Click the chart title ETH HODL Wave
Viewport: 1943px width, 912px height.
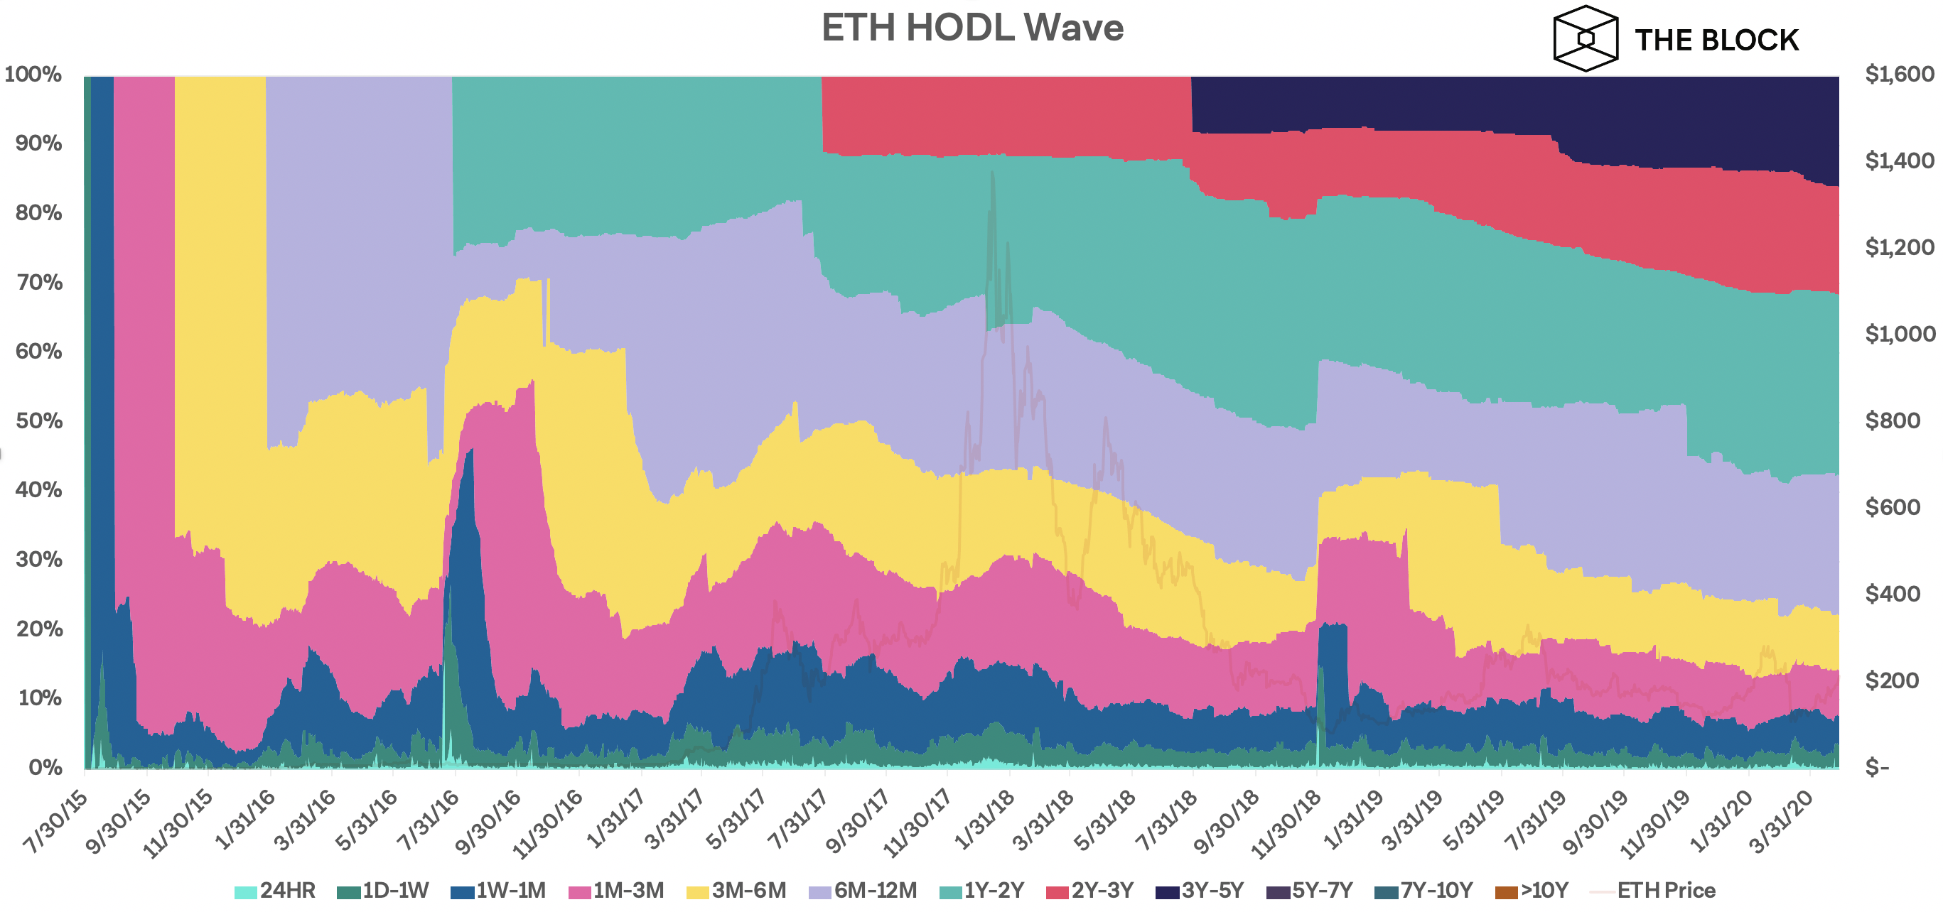[972, 28]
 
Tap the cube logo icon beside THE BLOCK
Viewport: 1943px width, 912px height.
[1585, 38]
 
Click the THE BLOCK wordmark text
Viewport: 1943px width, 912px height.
[1716, 40]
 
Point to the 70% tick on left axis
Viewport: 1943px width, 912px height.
[38, 282]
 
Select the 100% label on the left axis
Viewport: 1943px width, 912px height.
[33, 74]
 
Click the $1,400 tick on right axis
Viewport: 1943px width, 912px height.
[1898, 161]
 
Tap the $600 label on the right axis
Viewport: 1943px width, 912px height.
[1898, 507]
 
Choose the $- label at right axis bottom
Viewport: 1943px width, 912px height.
[1878, 767]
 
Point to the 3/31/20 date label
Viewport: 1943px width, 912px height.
[1781, 822]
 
